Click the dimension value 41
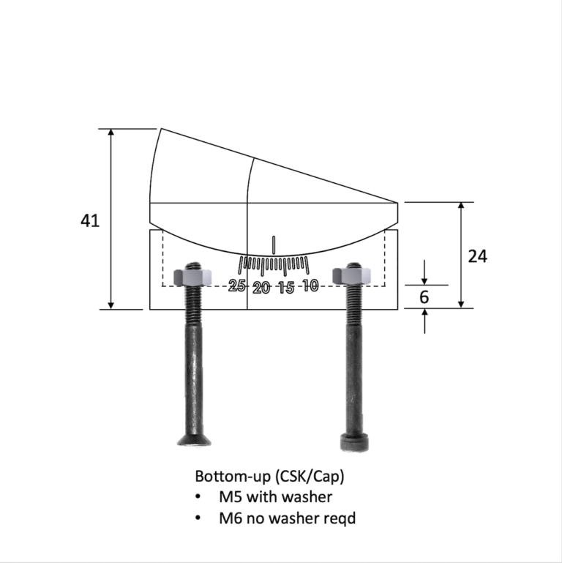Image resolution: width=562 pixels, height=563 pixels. pyautogui.click(x=90, y=220)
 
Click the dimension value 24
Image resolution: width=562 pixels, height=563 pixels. pyautogui.click(x=478, y=256)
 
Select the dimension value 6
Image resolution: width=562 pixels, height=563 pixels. pyautogui.click(x=424, y=297)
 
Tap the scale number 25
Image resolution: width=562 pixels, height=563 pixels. pyautogui.click(x=237, y=286)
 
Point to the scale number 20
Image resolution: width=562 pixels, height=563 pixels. pyautogui.click(x=261, y=288)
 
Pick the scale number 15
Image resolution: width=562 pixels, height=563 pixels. pyautogui.click(x=286, y=288)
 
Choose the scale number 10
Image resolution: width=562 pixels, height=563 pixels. pyautogui.click(x=310, y=285)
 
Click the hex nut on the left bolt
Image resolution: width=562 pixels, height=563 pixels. pyautogui.click(x=193, y=277)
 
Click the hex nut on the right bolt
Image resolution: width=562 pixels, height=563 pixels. pyautogui.click(x=352, y=276)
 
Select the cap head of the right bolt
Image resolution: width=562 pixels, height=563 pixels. pyautogui.click(x=354, y=442)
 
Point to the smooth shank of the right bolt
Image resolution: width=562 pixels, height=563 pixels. pyautogui.click(x=353, y=381)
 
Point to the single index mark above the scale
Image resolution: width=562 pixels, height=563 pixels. pyautogui.click(x=274, y=245)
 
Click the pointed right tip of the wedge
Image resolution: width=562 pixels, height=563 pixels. pyautogui.click(x=398, y=203)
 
